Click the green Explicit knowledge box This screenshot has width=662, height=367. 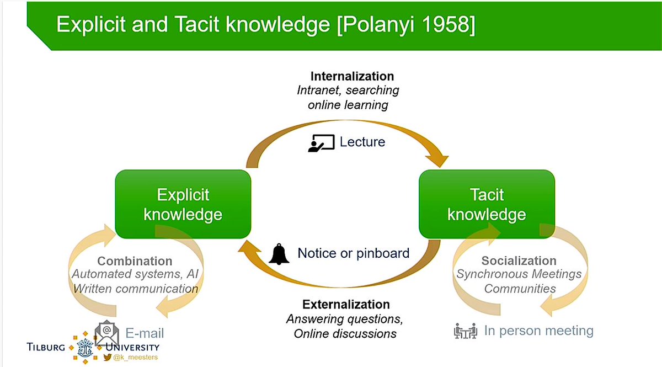[183, 204]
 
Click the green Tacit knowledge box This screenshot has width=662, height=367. [487, 204]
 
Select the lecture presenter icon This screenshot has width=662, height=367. [321, 142]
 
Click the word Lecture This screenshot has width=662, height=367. [362, 142]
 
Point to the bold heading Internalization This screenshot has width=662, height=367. [352, 76]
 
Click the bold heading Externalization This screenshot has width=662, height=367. [346, 305]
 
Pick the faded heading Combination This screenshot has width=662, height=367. [135, 261]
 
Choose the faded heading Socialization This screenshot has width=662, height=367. [519, 260]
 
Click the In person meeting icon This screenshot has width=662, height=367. [465, 331]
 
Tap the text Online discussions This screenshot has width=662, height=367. [345, 333]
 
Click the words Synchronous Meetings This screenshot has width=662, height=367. [519, 274]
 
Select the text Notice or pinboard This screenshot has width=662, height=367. [353, 253]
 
